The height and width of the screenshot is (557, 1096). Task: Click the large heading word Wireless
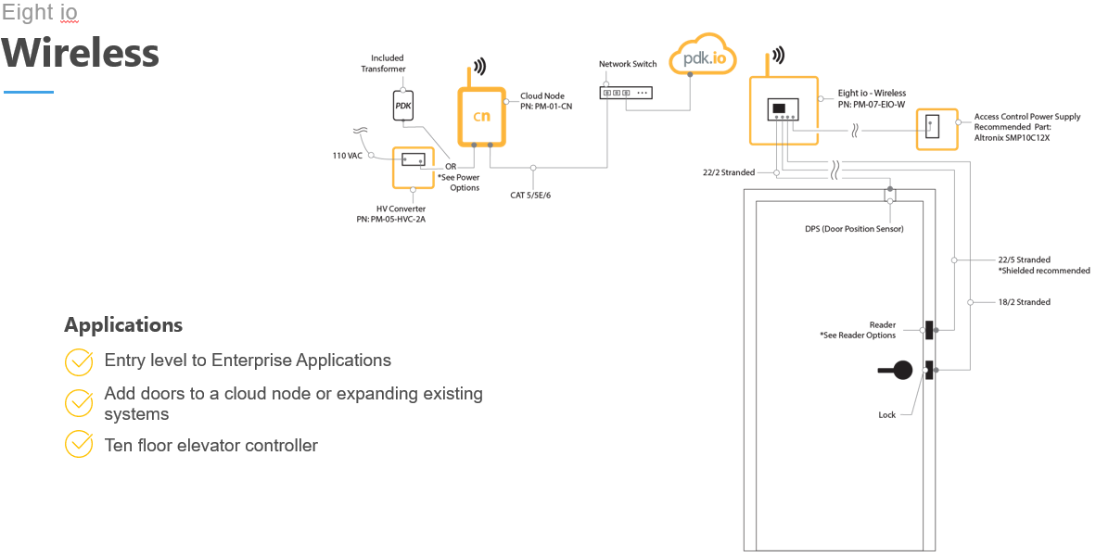80,53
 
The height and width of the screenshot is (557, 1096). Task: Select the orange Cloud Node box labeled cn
481,117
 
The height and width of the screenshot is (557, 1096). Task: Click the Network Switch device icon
628,93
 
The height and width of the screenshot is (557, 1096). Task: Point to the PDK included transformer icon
402,106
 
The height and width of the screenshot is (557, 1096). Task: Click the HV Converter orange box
414,166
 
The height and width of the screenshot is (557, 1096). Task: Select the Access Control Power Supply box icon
936,129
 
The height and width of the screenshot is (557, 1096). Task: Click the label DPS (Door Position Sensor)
853,229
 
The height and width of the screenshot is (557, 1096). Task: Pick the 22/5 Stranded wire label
1024,260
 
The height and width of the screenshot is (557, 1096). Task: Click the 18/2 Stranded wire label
1024,302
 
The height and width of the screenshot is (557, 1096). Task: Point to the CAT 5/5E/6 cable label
536,196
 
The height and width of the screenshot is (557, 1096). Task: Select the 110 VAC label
348,156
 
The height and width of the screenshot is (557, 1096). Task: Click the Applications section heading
123,325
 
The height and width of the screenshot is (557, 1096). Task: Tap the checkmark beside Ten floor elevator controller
79,444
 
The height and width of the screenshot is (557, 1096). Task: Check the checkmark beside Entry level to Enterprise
79,361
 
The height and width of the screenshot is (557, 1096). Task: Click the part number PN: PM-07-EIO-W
871,105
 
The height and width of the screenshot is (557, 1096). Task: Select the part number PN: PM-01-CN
547,107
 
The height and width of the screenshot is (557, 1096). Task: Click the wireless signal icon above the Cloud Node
479,67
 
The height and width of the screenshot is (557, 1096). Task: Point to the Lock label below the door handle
886,415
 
